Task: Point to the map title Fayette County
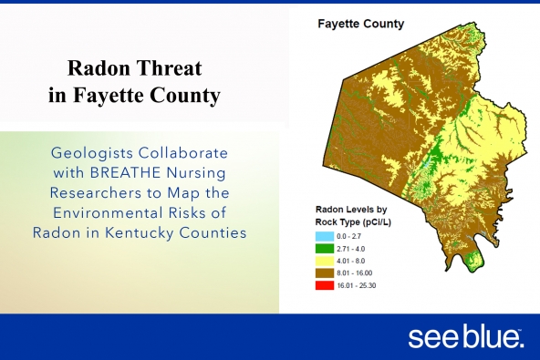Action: (360, 24)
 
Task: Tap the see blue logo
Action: (465, 337)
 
